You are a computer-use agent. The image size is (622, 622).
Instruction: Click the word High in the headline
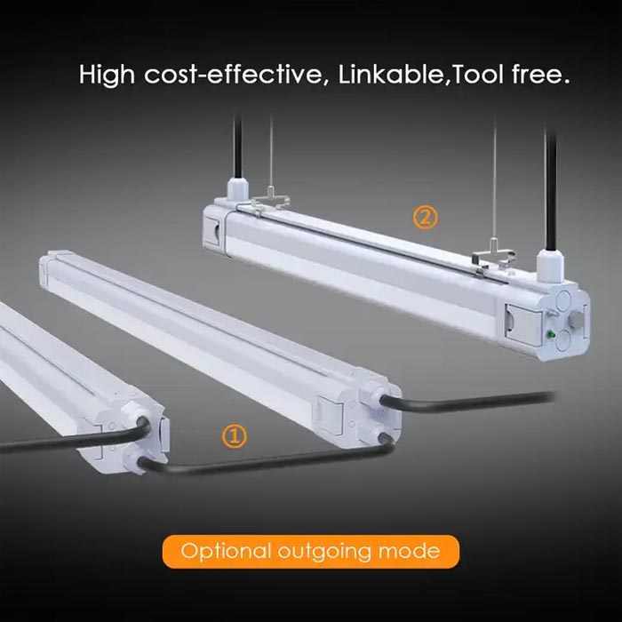point(108,74)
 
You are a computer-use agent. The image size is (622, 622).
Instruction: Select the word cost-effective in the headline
point(234,74)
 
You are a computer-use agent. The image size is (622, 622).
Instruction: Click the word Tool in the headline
point(478,74)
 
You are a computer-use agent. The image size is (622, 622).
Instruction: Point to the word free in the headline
point(537,74)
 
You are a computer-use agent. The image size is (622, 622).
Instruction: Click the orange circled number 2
point(426,217)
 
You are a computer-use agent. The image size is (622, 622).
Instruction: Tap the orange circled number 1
point(234,436)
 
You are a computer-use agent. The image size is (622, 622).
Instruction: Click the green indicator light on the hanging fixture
point(551,334)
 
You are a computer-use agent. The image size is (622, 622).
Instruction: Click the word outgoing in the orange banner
point(324,552)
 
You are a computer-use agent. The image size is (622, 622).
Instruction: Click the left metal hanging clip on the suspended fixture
point(270,201)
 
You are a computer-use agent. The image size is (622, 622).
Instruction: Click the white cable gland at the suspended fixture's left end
point(237,189)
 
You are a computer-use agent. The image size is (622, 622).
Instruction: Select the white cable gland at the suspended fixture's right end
point(550,265)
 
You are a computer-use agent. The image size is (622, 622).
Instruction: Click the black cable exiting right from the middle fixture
point(467,402)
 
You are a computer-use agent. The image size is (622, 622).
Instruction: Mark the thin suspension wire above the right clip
point(494,179)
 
